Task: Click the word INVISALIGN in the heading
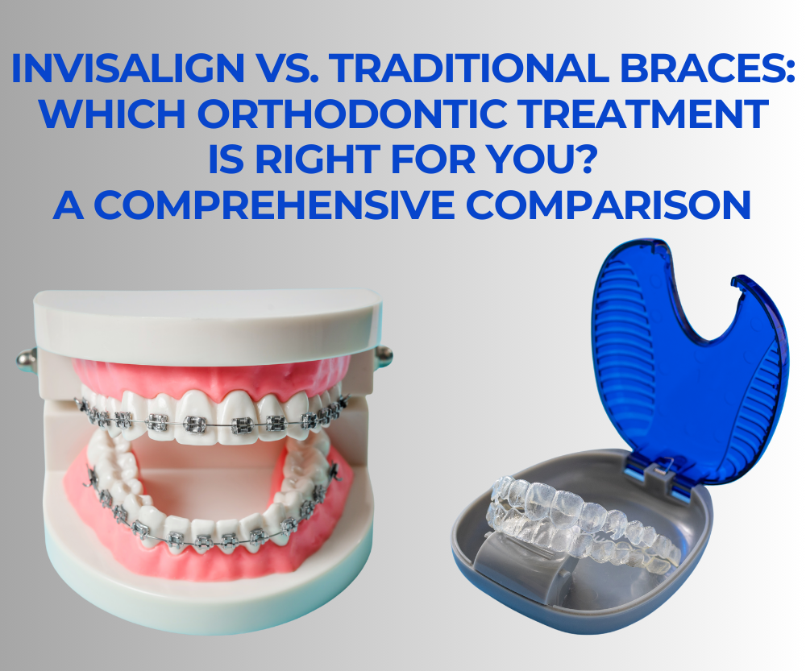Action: pos(128,68)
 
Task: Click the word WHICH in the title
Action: pos(113,114)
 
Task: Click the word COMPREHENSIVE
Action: pos(274,205)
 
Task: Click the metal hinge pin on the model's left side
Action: pos(27,358)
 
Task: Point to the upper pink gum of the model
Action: pos(210,381)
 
